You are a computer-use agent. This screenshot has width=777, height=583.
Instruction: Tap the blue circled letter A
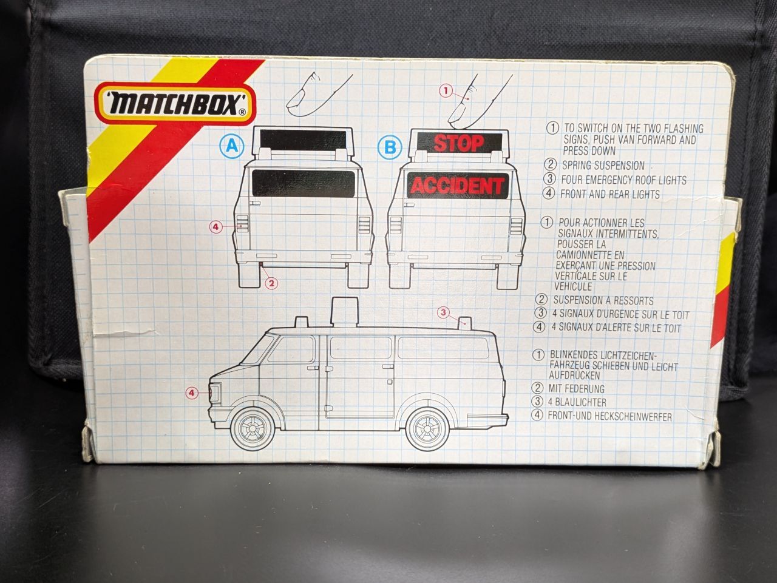232,146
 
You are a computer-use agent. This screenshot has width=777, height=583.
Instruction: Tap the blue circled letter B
390,147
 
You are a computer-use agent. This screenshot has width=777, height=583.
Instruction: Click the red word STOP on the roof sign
459,144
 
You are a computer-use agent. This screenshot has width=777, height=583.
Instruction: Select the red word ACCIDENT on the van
457,186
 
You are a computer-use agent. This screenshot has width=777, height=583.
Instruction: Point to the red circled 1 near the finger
446,91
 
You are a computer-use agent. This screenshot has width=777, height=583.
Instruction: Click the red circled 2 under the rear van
271,283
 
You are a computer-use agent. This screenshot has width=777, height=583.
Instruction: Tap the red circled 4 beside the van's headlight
192,393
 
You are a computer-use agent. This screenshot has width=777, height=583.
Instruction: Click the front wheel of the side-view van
253,428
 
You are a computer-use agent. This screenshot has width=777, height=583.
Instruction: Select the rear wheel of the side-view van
427,428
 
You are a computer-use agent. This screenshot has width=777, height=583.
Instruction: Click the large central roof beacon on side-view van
342,312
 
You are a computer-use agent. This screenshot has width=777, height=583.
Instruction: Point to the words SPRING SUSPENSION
603,166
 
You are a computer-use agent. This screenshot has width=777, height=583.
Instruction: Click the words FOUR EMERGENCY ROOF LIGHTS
623,180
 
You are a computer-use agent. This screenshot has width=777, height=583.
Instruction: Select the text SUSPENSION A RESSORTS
603,301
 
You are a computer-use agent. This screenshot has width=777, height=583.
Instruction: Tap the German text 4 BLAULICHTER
577,402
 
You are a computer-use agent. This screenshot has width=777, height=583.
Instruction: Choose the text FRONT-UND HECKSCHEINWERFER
609,416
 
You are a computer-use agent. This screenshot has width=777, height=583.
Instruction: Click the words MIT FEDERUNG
576,388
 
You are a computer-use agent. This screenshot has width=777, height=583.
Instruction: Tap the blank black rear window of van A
304,183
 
